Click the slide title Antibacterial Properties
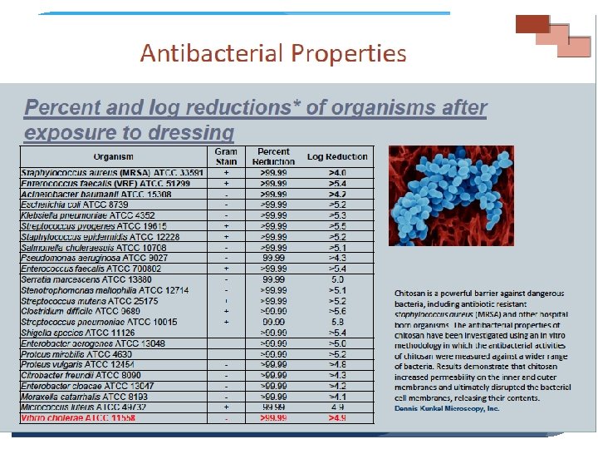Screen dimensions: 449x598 [273, 54]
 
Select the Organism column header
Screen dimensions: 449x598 [113, 156]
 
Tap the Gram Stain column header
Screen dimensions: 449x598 [226, 156]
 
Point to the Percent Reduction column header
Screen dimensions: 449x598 [273, 156]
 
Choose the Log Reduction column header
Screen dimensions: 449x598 [337, 156]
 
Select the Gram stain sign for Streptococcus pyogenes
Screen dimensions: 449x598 [226, 225]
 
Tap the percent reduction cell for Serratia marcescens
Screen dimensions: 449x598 [273, 279]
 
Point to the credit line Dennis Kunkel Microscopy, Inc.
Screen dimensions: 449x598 [447, 408]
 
